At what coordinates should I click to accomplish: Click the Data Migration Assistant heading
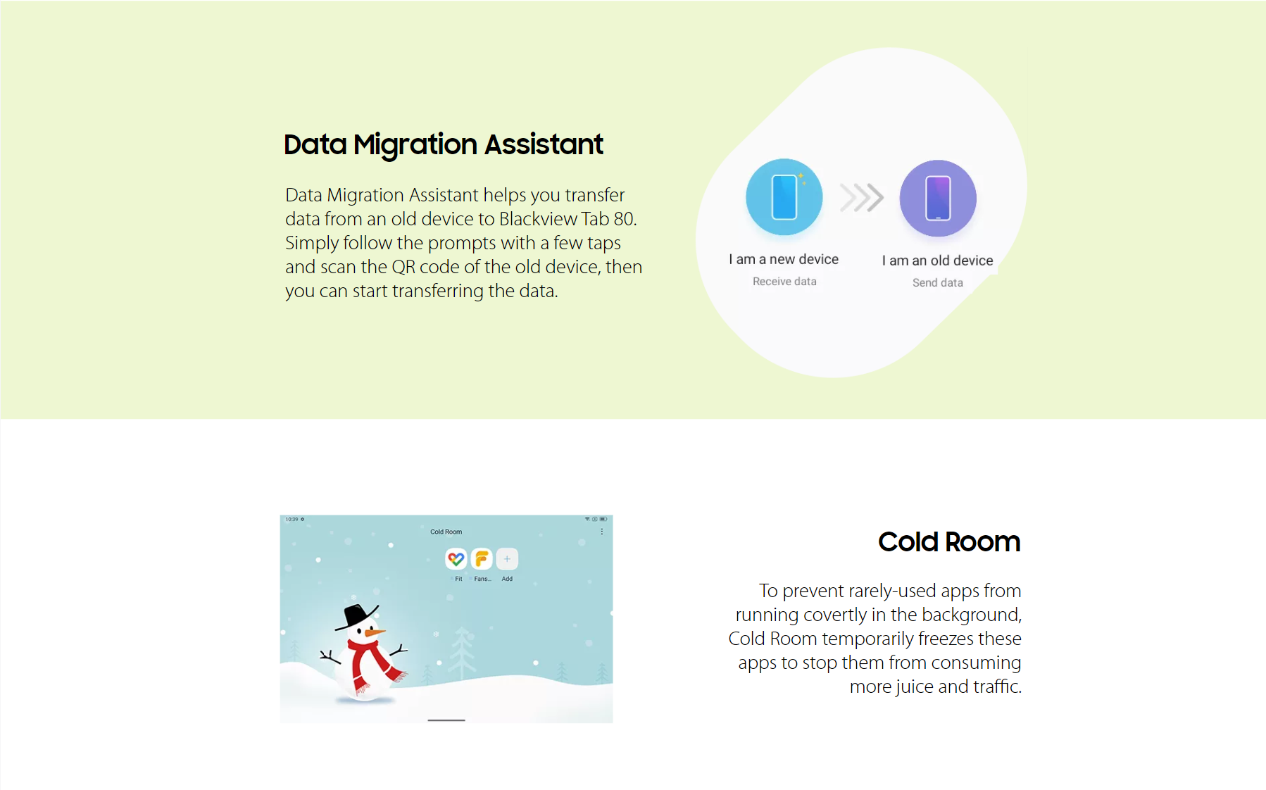point(444,145)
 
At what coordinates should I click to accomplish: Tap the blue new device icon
point(784,197)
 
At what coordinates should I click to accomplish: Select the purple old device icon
point(938,199)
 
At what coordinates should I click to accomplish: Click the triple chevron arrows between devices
point(862,198)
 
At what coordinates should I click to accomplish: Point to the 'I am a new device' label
point(784,259)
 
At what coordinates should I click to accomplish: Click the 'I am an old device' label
point(938,261)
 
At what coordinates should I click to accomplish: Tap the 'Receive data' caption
point(784,282)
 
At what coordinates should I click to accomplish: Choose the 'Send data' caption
point(938,283)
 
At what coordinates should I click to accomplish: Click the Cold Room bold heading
point(949,542)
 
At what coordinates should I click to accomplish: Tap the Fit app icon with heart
point(456,559)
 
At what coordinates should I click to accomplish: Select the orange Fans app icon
point(482,559)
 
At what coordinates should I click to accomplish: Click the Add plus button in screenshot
point(507,559)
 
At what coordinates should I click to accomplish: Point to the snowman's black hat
point(357,617)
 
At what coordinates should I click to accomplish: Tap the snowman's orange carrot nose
point(375,633)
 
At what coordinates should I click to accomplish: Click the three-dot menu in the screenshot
point(601,532)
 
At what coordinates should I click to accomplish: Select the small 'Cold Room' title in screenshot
point(446,532)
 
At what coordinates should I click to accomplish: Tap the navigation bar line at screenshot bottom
point(446,720)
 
